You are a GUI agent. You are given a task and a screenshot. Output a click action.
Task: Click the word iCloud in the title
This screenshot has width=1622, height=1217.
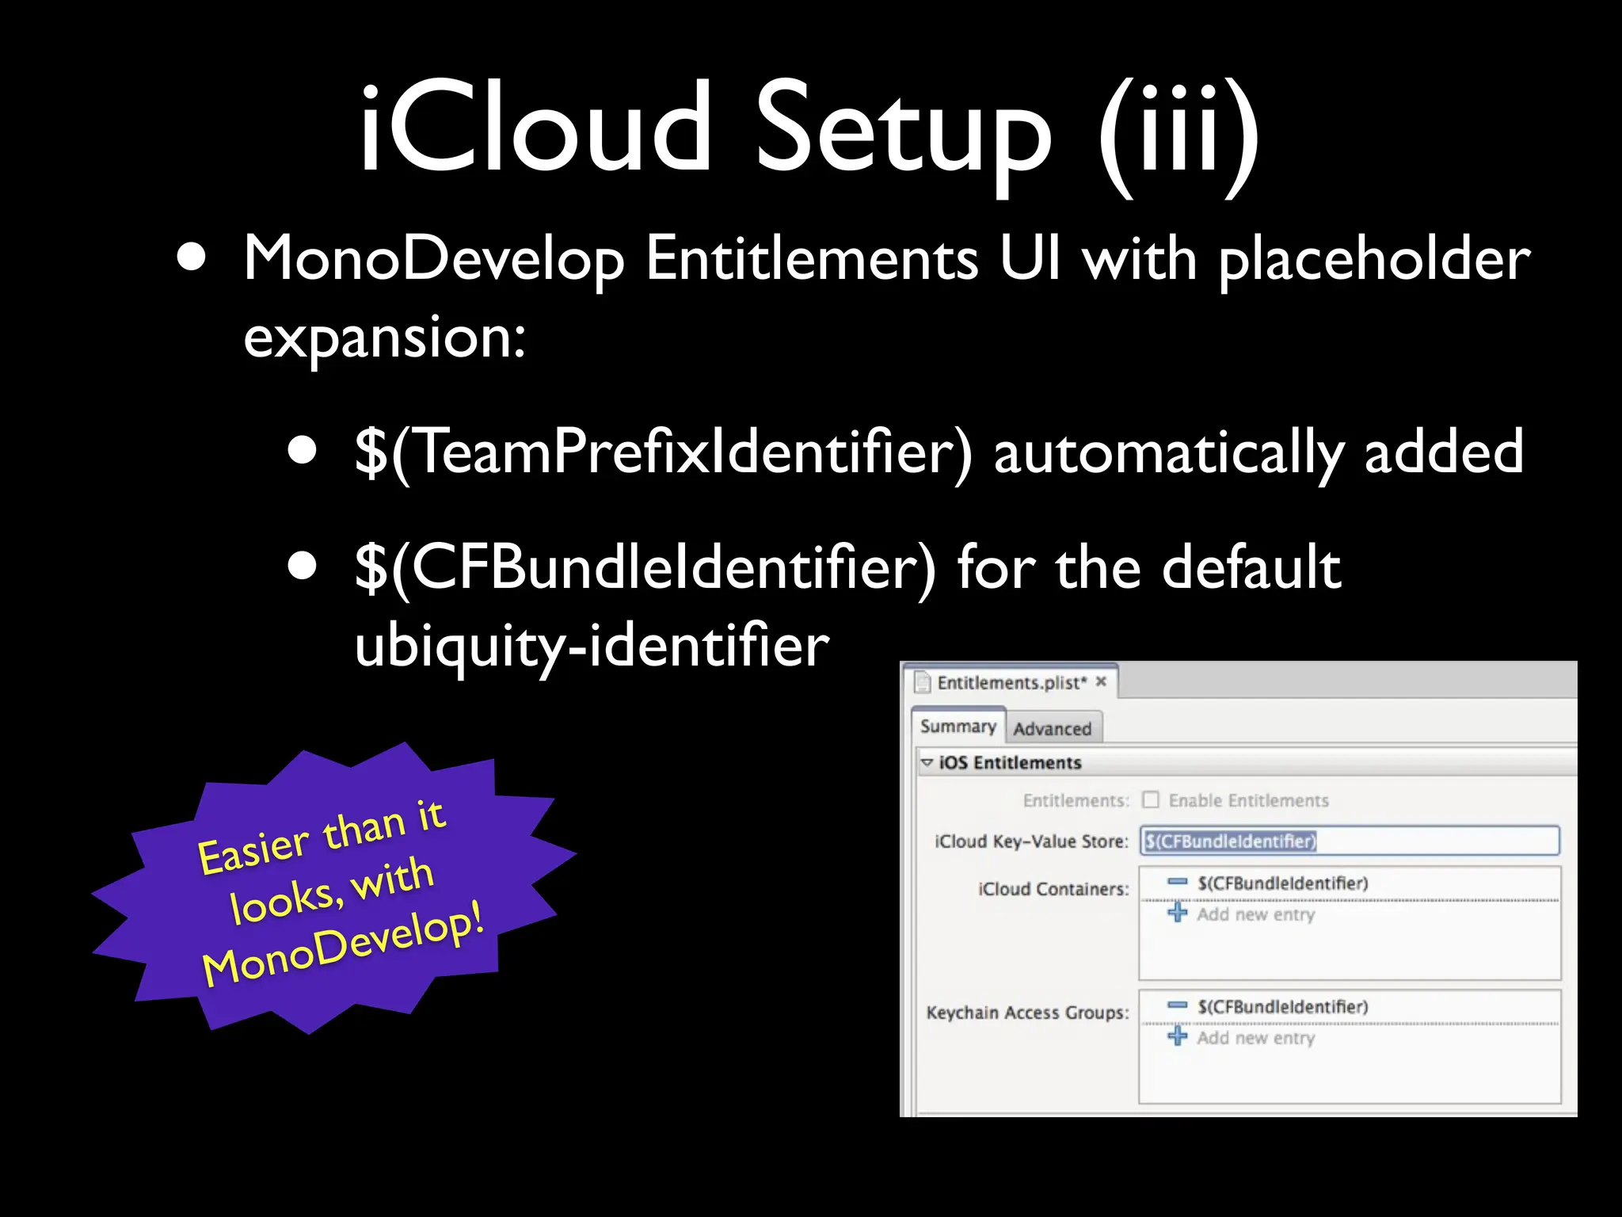click(x=535, y=128)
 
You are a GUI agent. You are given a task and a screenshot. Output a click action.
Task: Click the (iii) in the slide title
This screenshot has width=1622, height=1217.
click(x=1178, y=135)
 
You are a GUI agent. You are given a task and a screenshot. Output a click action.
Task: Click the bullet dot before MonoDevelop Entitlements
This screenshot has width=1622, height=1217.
click(x=192, y=258)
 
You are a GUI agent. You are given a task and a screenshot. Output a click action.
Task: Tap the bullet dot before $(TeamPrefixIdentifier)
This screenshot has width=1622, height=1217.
click(x=303, y=451)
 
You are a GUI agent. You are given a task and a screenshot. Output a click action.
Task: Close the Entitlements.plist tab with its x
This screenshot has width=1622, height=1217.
click(x=1101, y=681)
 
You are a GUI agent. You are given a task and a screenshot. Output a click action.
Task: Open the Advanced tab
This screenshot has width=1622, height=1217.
click(x=1052, y=728)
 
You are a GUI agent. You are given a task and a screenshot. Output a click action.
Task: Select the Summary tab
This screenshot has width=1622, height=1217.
click(x=958, y=727)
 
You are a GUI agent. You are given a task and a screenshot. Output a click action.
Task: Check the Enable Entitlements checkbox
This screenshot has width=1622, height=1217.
click(x=1151, y=800)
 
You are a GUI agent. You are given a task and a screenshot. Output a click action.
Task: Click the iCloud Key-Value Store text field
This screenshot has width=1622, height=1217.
click(x=1350, y=841)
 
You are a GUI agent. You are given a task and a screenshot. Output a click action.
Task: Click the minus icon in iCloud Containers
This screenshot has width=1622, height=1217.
click(x=1178, y=883)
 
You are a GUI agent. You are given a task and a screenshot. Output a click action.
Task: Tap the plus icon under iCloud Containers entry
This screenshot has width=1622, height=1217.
click(x=1178, y=914)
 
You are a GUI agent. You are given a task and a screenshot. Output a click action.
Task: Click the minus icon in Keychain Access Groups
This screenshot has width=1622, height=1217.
click(x=1178, y=1006)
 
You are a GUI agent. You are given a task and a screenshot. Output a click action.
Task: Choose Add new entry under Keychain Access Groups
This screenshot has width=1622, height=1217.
click(x=1255, y=1037)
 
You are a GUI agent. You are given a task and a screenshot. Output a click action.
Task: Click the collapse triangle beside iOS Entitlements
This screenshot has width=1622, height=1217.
click(x=927, y=762)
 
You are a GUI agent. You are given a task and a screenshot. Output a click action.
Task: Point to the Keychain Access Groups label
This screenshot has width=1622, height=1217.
click(x=1027, y=1013)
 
